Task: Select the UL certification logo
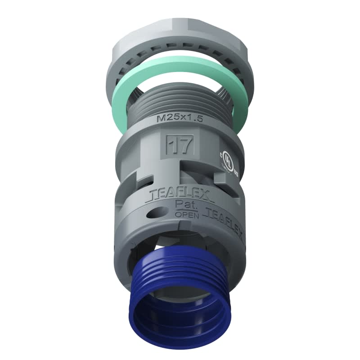[x=229, y=161]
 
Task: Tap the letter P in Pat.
[x=177, y=205]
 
